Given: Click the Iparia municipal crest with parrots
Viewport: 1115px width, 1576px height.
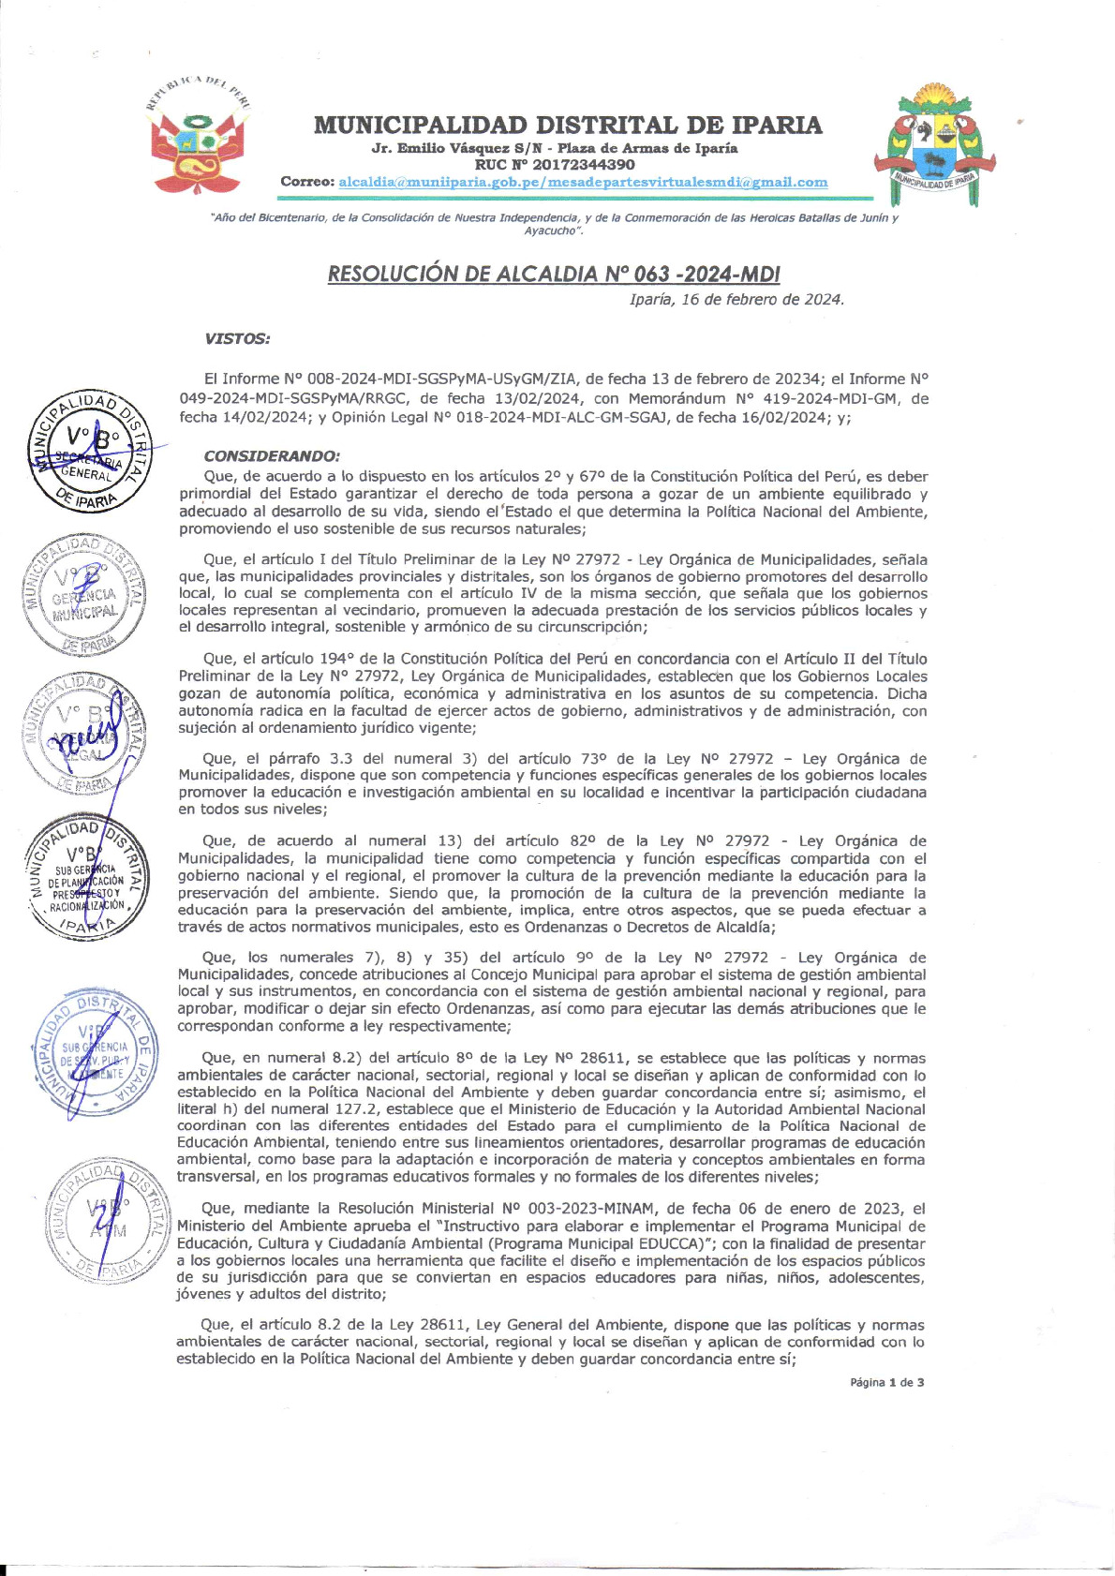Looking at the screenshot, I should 934,143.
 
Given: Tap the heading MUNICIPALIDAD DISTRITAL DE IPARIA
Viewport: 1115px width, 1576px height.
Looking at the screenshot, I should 568,125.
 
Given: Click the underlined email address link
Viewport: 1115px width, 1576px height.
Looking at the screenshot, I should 583,182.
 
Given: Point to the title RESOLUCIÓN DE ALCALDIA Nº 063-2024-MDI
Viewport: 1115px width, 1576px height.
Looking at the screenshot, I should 554,274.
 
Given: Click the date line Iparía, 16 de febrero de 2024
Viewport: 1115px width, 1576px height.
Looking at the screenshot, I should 736,300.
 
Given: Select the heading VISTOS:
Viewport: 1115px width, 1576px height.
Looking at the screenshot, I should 237,339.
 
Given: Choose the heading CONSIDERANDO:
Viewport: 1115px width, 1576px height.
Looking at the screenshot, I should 272,456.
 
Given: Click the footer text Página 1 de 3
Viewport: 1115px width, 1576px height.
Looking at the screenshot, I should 886,1382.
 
